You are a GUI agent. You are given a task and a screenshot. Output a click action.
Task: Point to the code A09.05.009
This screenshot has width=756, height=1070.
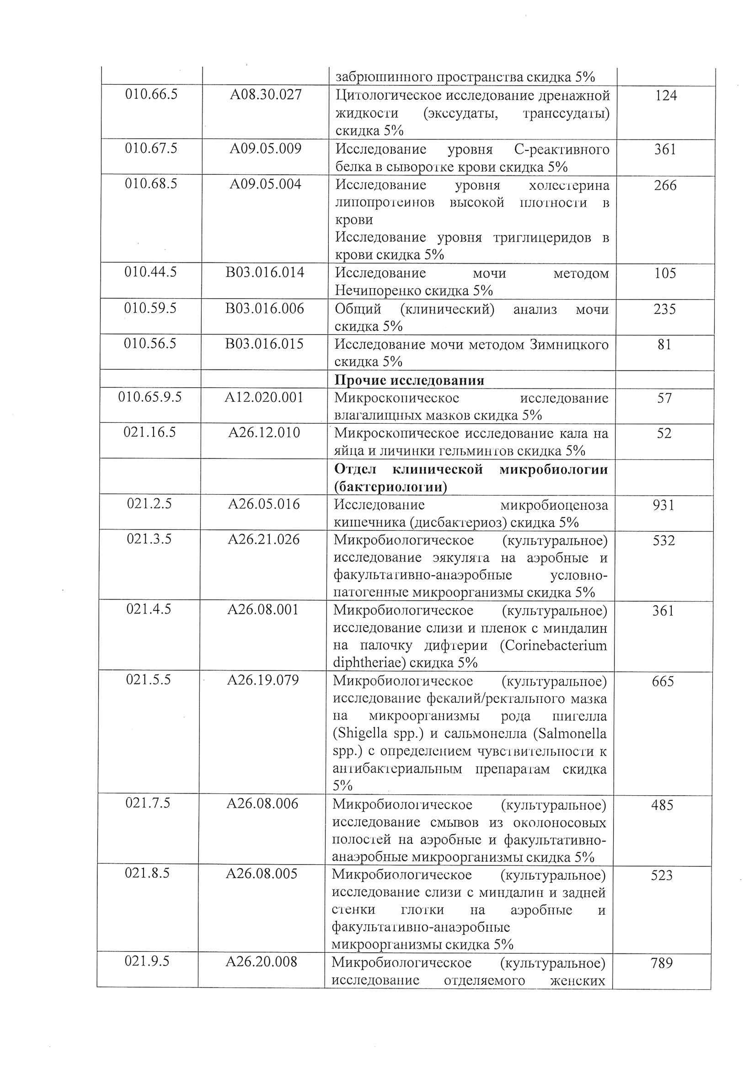(265, 149)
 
